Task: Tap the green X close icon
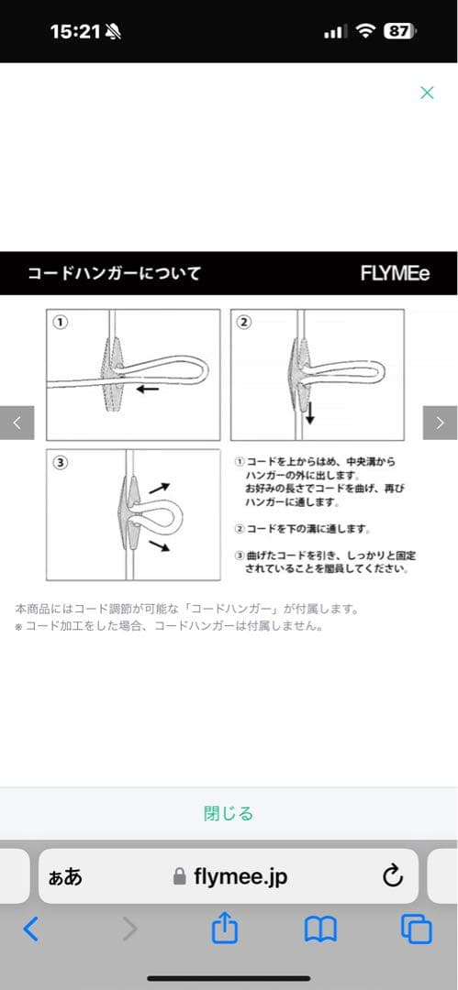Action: pyautogui.click(x=427, y=93)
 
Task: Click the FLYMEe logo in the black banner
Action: pyautogui.click(x=396, y=273)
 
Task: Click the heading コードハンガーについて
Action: pyautogui.click(x=114, y=273)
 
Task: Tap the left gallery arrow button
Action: pyautogui.click(x=17, y=423)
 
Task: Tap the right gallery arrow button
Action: pyautogui.click(x=441, y=423)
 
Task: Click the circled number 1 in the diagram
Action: pyautogui.click(x=60, y=323)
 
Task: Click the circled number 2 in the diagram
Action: pyautogui.click(x=243, y=323)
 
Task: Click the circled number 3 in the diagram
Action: pyautogui.click(x=60, y=463)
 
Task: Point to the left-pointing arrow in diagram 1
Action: pyautogui.click(x=148, y=389)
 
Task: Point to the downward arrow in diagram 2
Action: pyautogui.click(x=310, y=412)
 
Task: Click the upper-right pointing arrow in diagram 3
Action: pyautogui.click(x=160, y=488)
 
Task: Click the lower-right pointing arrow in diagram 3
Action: pyautogui.click(x=160, y=545)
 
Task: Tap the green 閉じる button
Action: pyautogui.click(x=229, y=813)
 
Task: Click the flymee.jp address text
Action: pyautogui.click(x=240, y=876)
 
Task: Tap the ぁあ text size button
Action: pyautogui.click(x=65, y=877)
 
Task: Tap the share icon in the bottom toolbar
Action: pyautogui.click(x=225, y=929)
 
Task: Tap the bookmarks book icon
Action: pyautogui.click(x=320, y=930)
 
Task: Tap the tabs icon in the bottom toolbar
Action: pyautogui.click(x=417, y=929)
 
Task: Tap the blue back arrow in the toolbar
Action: pyautogui.click(x=30, y=929)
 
